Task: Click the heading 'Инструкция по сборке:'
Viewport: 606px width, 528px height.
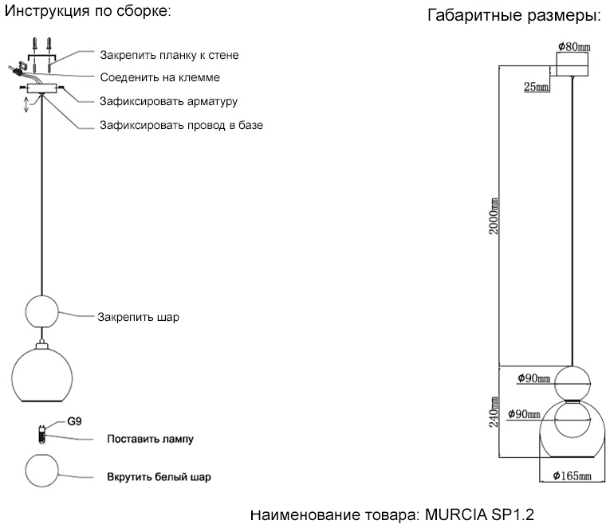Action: pyautogui.click(x=89, y=12)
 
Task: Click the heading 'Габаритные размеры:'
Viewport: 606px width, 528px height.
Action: pyautogui.click(x=514, y=16)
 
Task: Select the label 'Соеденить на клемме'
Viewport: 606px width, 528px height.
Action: pyautogui.click(x=159, y=78)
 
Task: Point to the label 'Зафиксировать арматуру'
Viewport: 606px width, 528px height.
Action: pyautogui.click(x=168, y=101)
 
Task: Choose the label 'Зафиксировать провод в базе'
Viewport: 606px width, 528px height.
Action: pyautogui.click(x=181, y=125)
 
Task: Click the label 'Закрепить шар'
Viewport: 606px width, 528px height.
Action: pyautogui.click(x=138, y=316)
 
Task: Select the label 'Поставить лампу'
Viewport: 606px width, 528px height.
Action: pyautogui.click(x=150, y=439)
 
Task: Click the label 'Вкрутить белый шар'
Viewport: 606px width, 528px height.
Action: pyautogui.click(x=159, y=478)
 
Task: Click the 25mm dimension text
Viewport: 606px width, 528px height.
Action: pyautogui.click(x=536, y=87)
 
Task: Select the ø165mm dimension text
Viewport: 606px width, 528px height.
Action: pyautogui.click(x=572, y=477)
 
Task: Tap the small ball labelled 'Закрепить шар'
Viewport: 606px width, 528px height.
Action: pyautogui.click(x=43, y=311)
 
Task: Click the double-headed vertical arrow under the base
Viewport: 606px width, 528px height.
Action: pyautogui.click(x=26, y=106)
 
